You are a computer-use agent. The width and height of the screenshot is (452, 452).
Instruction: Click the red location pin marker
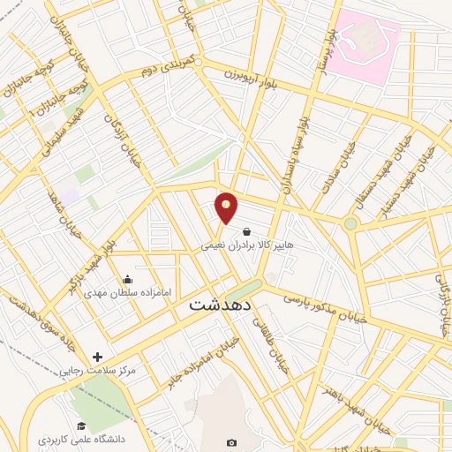[x=227, y=207]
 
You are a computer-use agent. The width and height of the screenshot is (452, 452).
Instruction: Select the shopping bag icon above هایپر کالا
[x=233, y=232]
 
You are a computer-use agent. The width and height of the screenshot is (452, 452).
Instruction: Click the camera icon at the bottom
[x=231, y=442]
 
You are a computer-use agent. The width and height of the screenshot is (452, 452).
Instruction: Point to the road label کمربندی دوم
[x=177, y=65]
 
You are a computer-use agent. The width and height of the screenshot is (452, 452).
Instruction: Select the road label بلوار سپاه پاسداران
[x=298, y=150]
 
